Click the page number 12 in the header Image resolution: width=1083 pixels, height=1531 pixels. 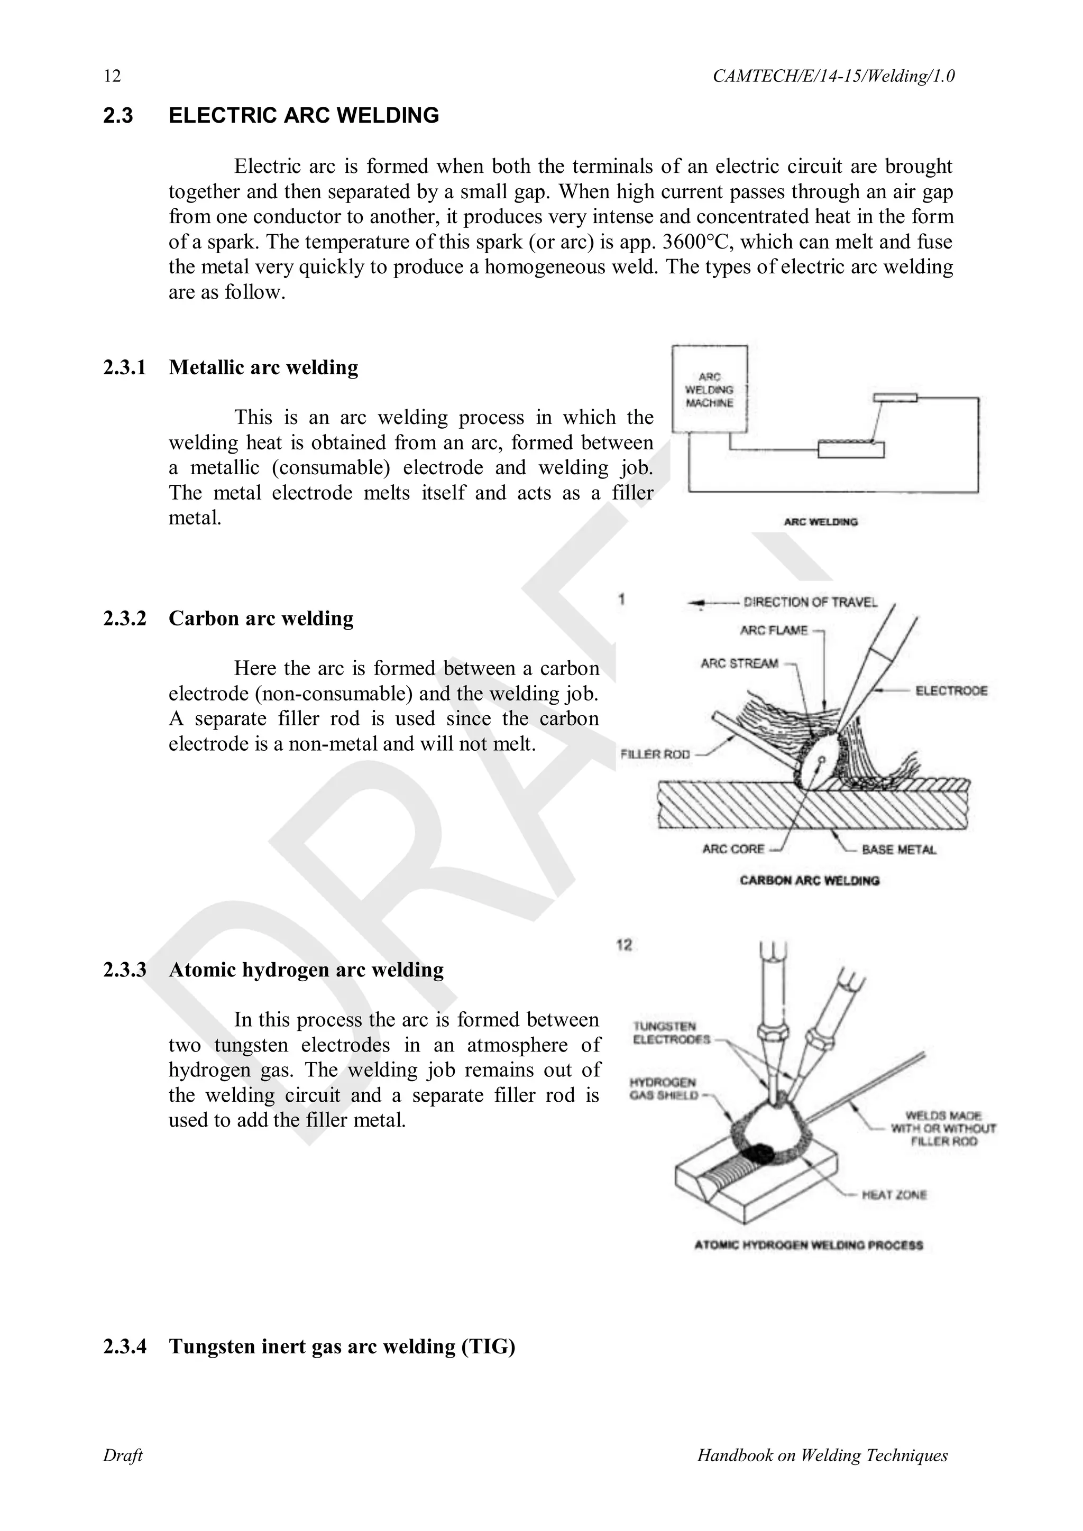click(112, 76)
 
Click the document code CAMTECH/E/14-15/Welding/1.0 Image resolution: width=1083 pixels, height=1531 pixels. click(833, 76)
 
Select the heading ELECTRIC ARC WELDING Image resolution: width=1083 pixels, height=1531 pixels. click(304, 115)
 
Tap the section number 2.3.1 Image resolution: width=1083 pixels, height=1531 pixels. click(125, 367)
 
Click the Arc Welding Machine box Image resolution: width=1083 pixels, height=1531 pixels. click(710, 390)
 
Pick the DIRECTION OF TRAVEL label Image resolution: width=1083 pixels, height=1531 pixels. click(810, 602)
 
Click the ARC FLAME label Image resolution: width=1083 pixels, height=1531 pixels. click(774, 630)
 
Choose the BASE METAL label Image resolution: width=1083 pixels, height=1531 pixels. click(898, 850)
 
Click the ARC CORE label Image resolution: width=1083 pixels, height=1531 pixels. click(733, 849)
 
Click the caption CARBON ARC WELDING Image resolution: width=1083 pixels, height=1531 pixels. click(809, 880)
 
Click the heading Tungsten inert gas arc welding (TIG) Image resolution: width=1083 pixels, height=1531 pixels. click(342, 1346)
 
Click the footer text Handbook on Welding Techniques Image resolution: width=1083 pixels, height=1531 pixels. click(822, 1455)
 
